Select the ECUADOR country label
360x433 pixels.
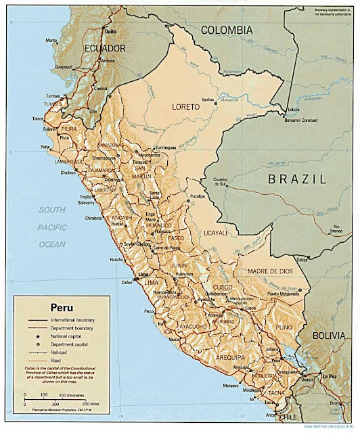click(x=105, y=49)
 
